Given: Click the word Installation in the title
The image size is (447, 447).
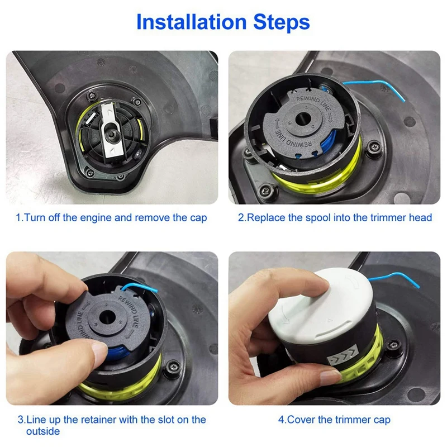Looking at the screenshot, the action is [191, 22].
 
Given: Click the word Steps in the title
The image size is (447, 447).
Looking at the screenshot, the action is [282, 22].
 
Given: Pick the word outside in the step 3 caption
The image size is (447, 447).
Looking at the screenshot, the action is [43, 431].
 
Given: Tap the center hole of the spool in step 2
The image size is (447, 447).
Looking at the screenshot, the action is [303, 119].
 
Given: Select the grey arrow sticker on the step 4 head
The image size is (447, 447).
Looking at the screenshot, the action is [343, 355].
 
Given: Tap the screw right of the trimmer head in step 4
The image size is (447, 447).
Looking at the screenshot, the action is [394, 345].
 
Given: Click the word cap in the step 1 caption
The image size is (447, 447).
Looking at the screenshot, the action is [198, 218].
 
